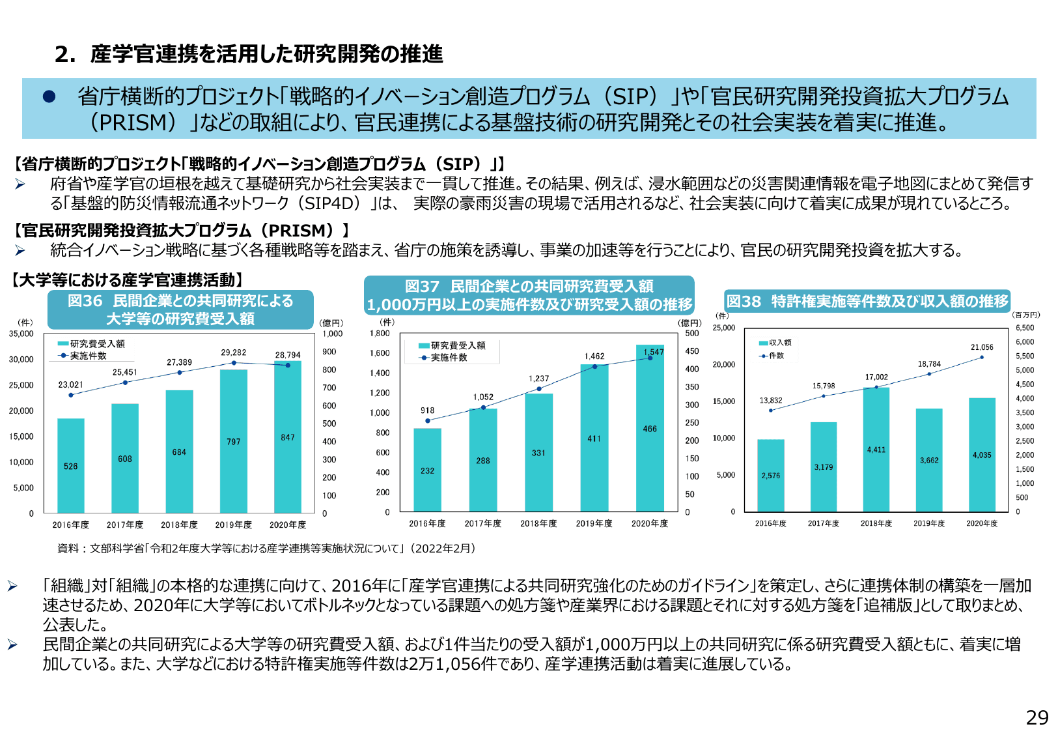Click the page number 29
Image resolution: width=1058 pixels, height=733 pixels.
(1037, 717)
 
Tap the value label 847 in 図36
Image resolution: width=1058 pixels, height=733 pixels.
(288, 437)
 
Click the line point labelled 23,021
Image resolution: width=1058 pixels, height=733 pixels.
(71, 395)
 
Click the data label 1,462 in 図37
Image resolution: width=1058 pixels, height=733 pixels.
(594, 356)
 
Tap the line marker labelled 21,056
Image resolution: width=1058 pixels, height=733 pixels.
(982, 357)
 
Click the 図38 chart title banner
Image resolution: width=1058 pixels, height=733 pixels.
(867, 301)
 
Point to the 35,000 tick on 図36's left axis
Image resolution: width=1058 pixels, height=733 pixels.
(21, 334)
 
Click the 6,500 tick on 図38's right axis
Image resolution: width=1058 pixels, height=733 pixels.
(1024, 328)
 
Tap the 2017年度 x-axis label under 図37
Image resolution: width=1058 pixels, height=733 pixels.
(482, 523)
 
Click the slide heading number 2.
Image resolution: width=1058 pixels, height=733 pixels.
(64, 54)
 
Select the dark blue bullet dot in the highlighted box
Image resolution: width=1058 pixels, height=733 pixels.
(49, 96)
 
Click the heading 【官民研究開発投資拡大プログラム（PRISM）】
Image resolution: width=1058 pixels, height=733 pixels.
(182, 231)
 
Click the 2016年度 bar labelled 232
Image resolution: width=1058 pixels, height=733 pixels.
(427, 470)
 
